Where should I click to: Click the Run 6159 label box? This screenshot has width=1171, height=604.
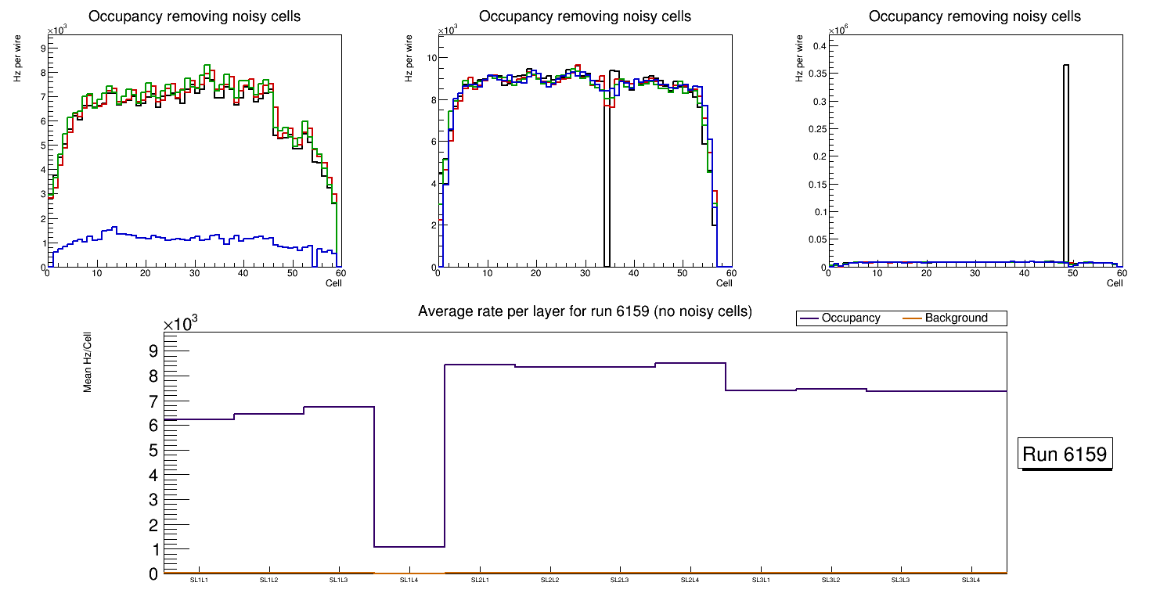pyautogui.click(x=1065, y=454)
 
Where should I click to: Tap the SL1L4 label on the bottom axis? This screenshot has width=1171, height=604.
pyautogui.click(x=409, y=581)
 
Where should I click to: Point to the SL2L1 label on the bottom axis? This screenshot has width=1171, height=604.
pyautogui.click(x=480, y=581)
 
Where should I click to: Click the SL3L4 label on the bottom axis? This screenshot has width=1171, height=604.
pyautogui.click(x=971, y=581)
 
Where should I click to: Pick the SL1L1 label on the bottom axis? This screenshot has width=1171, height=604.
pyautogui.click(x=199, y=581)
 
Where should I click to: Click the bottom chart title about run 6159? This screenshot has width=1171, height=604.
pyautogui.click(x=585, y=311)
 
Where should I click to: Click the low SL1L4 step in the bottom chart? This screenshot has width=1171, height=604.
pyautogui.click(x=409, y=546)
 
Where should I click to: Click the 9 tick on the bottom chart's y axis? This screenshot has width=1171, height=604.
pyautogui.click(x=153, y=351)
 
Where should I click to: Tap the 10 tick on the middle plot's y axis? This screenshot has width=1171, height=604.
pyautogui.click(x=430, y=57)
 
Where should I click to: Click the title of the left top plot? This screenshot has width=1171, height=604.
pyautogui.click(x=194, y=16)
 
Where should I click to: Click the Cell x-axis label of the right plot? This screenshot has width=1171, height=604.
pyautogui.click(x=1115, y=283)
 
